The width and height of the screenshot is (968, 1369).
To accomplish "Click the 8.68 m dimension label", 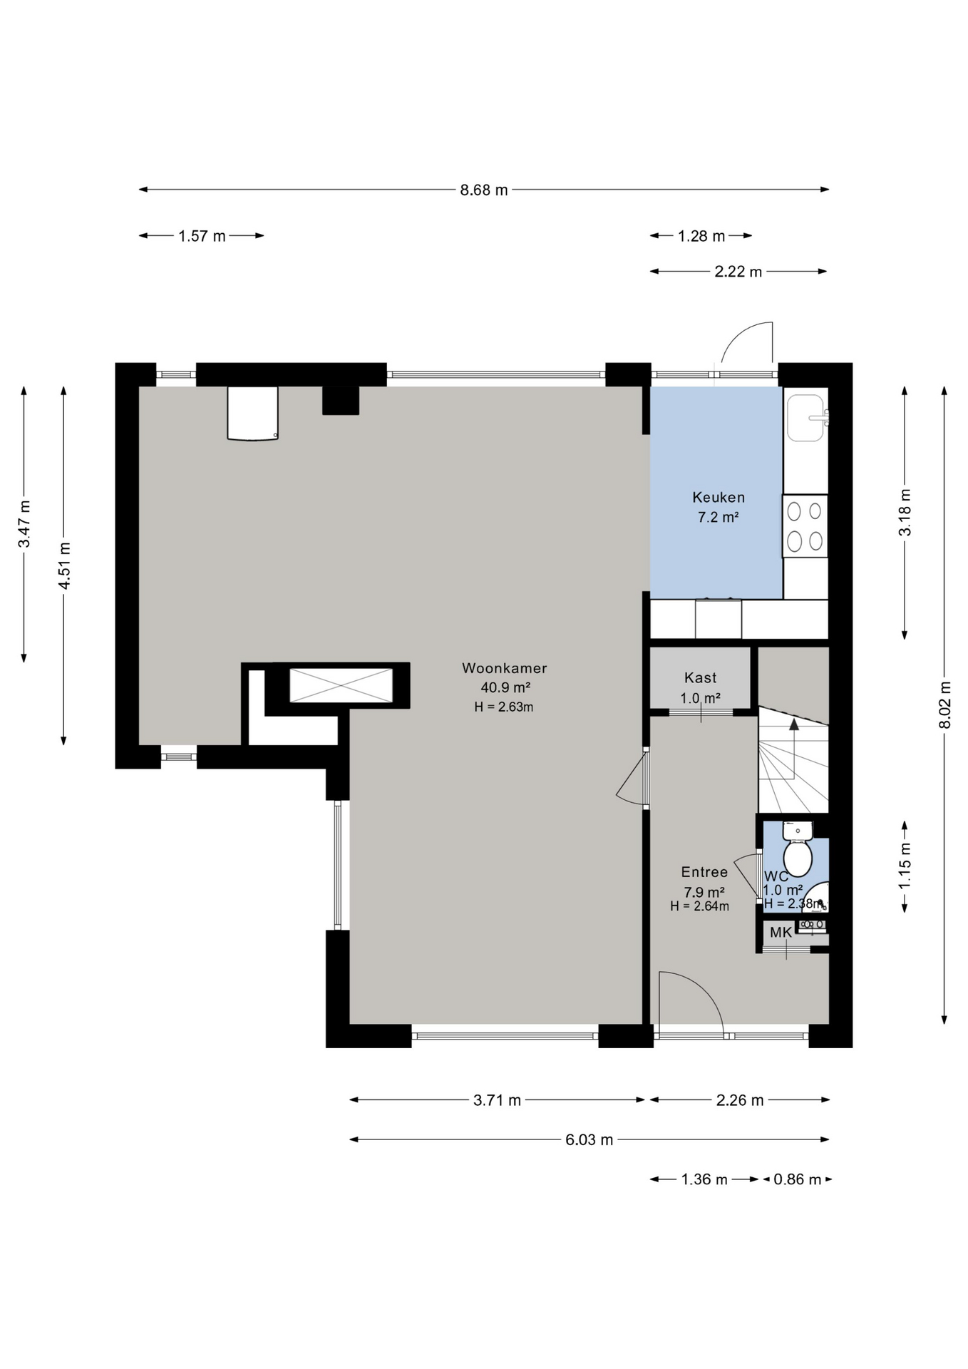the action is click(x=484, y=190).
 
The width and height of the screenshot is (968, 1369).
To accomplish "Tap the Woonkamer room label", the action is click(x=505, y=668).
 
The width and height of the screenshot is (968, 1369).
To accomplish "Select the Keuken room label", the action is click(x=719, y=498).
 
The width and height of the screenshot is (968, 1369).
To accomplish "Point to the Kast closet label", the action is click(x=700, y=678).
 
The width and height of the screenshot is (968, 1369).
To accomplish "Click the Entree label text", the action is click(x=704, y=872).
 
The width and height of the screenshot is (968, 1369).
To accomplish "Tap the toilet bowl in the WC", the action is click(x=798, y=858).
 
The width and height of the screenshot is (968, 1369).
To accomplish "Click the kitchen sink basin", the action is click(x=805, y=418).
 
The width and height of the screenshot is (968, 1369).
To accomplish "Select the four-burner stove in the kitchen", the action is click(x=805, y=526).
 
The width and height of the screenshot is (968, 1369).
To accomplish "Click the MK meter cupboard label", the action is click(x=781, y=933).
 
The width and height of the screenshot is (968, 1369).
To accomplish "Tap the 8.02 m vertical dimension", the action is click(x=945, y=705).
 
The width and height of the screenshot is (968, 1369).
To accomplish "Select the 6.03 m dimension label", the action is click(x=589, y=1140).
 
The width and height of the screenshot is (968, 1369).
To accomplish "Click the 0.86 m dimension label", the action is click(x=798, y=1179).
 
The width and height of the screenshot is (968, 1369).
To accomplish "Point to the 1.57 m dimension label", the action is click(x=202, y=236).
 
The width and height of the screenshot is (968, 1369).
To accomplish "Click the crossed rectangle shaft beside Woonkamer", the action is click(x=341, y=685).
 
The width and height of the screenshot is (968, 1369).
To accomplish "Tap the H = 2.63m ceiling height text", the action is click(x=504, y=707).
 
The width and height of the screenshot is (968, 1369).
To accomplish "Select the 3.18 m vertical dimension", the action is click(x=905, y=512).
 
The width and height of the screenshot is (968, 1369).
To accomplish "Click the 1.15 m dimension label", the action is click(x=905, y=866).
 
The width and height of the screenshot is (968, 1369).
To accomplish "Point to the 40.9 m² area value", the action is click(x=505, y=688).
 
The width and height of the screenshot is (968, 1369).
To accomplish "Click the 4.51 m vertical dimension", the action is click(x=64, y=566).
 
